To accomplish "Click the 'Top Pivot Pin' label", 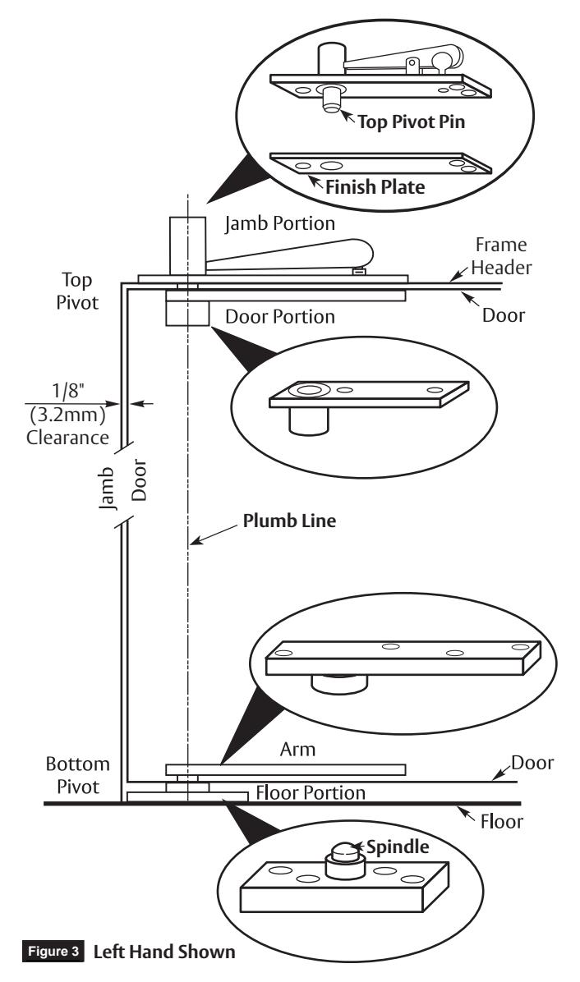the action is [x=411, y=121].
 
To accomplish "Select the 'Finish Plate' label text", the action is [x=375, y=186].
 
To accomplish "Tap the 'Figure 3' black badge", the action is [x=53, y=952].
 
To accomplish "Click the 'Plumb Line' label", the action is [x=289, y=521].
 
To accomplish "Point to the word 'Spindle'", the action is [x=398, y=847].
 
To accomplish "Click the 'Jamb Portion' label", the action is [x=280, y=223].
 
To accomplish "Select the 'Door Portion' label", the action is [x=280, y=316].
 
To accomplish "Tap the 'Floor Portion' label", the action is [x=311, y=792].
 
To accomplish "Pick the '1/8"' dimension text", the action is [x=68, y=391].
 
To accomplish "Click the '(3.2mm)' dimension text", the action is [x=67, y=414].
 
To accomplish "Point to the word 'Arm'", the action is [x=297, y=749].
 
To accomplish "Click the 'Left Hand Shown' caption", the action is [x=164, y=952].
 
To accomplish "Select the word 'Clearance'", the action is [x=67, y=437].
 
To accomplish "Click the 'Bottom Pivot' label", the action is [x=78, y=775].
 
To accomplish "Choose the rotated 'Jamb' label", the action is [x=108, y=487].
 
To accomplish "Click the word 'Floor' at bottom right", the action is [x=501, y=821].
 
